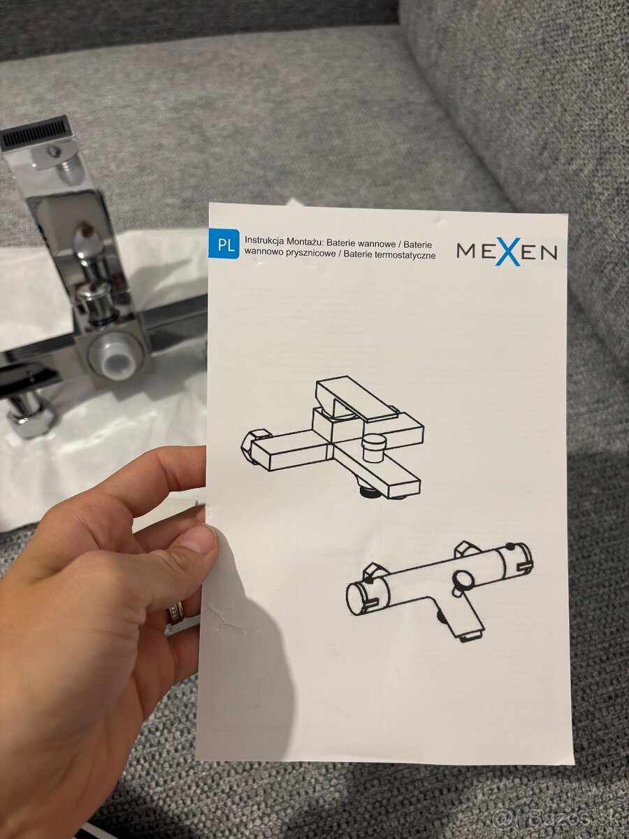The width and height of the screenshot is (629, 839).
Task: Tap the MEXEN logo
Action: click(x=507, y=252)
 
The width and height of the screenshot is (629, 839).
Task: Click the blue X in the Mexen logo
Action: click(x=507, y=252)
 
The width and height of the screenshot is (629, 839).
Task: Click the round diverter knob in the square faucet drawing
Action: click(x=373, y=447)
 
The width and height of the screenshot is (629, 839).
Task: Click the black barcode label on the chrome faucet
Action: click(x=35, y=132)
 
